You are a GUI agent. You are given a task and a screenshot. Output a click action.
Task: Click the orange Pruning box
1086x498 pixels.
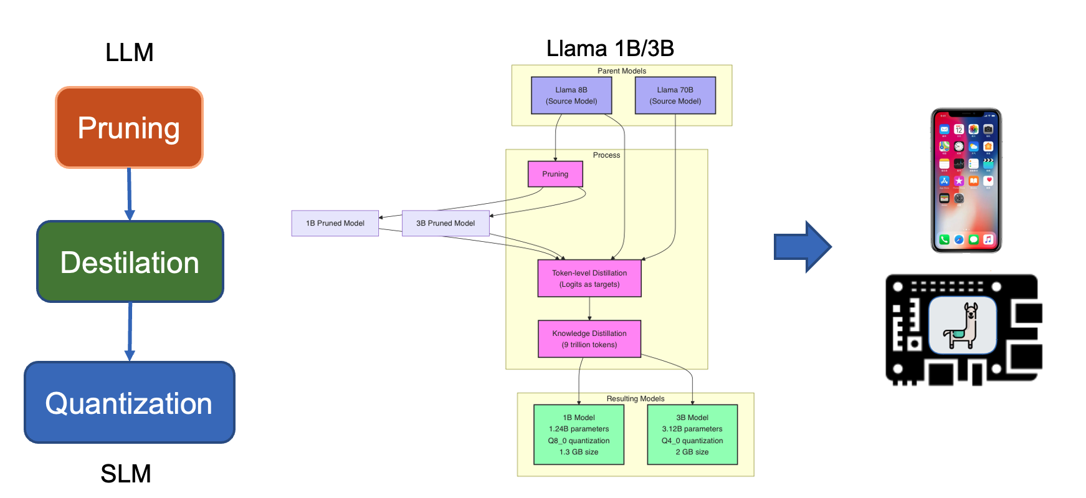pos(129,127)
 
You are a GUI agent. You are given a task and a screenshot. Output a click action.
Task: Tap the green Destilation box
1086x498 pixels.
pos(130,262)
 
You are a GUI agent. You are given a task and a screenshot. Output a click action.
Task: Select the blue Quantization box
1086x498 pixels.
pos(129,403)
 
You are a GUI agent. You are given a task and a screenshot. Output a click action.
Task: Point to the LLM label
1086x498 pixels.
pos(129,52)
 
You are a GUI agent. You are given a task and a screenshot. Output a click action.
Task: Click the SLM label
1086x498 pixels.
pos(126,474)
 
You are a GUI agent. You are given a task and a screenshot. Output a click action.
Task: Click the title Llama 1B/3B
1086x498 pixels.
pos(610,49)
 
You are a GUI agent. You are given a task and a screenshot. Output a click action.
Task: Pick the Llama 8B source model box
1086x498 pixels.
pos(571,95)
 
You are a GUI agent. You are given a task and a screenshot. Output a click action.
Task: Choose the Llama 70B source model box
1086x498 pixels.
pos(675,95)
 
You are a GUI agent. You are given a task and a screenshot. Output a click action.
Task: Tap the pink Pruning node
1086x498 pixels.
pos(555,174)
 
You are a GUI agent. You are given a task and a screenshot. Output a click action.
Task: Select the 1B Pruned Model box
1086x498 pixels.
pos(335,223)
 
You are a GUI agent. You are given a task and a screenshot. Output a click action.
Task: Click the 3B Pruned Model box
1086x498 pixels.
pos(445,223)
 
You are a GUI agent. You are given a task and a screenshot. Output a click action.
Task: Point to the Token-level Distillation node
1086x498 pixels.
pos(589,278)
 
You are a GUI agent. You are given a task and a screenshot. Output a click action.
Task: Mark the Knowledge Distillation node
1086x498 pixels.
pos(589,338)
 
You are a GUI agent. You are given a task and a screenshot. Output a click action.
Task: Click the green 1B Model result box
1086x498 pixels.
pos(579,434)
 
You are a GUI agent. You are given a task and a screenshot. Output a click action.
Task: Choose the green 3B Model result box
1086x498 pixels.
pos(692,434)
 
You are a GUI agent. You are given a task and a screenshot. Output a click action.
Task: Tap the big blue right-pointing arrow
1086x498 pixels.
pos(803,247)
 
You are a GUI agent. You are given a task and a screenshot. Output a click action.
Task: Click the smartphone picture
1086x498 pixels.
pos(966,181)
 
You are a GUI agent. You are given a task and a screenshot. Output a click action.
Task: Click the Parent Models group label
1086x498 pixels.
pos(622,71)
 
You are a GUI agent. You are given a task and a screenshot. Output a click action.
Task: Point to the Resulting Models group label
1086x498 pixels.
pos(636,399)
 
